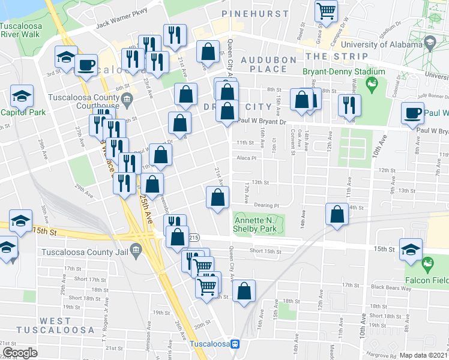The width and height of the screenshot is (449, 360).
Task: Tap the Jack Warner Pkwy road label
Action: coord(122,28)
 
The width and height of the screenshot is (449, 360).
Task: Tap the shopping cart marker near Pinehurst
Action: coord(326,10)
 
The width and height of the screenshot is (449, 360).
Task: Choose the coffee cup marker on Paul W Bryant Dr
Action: coord(413,112)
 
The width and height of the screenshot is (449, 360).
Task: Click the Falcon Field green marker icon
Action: coord(427,263)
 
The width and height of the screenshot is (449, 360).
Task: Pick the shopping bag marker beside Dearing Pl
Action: coord(217,196)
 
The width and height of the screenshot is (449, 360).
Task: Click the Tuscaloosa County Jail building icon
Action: coord(136,250)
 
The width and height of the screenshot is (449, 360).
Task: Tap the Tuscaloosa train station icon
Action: coord(236,344)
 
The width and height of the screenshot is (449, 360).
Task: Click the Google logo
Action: coord(20,353)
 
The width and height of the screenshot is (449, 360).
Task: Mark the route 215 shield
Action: coord(193,238)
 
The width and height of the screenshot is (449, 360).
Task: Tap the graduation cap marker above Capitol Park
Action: coord(22,95)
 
